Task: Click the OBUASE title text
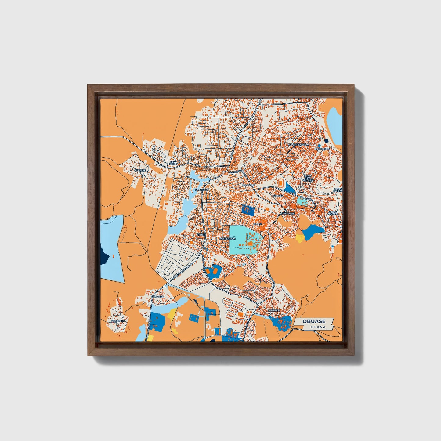pyautogui.click(x=314, y=321)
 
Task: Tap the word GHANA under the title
pyautogui.click(x=318, y=327)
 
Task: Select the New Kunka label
pyautogui.click(x=173, y=163)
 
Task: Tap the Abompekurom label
pyautogui.click(x=299, y=144)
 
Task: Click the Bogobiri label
pyautogui.click(x=248, y=185)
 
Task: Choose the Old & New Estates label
pyautogui.click(x=308, y=178)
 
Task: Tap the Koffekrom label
pyautogui.click(x=227, y=238)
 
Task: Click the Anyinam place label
pyautogui.click(x=273, y=310)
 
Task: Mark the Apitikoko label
pyautogui.click(x=118, y=321)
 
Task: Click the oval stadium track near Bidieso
pyautogui.click(x=280, y=183)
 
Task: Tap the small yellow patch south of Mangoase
pyautogui.click(x=300, y=238)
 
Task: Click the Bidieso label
pyautogui.click(x=279, y=195)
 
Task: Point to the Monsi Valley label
pyautogui.click(x=338, y=190)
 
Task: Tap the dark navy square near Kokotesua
pyautogui.click(x=326, y=141)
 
